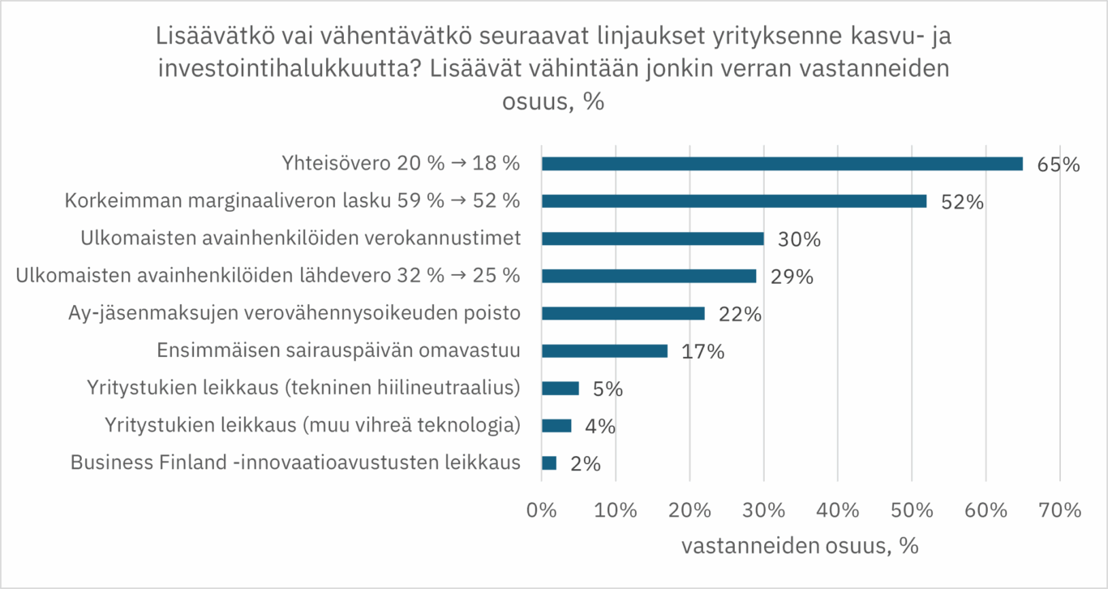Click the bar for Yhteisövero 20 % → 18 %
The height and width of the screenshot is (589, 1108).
pyautogui.click(x=782, y=164)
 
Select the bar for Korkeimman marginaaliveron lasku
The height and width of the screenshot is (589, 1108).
pyautogui.click(x=734, y=201)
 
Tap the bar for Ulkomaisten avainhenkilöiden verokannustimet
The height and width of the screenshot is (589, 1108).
pyautogui.click(x=653, y=239)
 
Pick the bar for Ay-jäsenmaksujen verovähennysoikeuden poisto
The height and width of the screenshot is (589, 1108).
pyautogui.click(x=623, y=313)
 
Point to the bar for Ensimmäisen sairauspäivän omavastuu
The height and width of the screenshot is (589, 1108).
pyautogui.click(x=604, y=350)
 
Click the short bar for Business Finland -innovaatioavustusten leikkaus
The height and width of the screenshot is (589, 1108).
pyautogui.click(x=549, y=462)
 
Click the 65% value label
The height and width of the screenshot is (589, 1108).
pyautogui.click(x=1059, y=165)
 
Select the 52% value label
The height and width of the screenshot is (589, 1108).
pyautogui.click(x=963, y=202)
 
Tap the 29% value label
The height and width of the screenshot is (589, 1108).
pyautogui.click(x=792, y=277)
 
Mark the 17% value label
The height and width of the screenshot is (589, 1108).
pyautogui.click(x=702, y=351)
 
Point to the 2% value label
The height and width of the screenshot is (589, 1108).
pyautogui.click(x=584, y=463)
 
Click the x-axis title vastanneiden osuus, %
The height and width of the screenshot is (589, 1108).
pyautogui.click(x=799, y=546)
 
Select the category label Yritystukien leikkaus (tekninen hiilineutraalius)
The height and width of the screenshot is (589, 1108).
pyautogui.click(x=303, y=388)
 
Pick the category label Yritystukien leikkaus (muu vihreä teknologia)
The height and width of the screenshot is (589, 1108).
pyautogui.click(x=312, y=425)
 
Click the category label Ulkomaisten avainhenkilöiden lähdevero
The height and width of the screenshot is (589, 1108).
pyautogui.click(x=268, y=276)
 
